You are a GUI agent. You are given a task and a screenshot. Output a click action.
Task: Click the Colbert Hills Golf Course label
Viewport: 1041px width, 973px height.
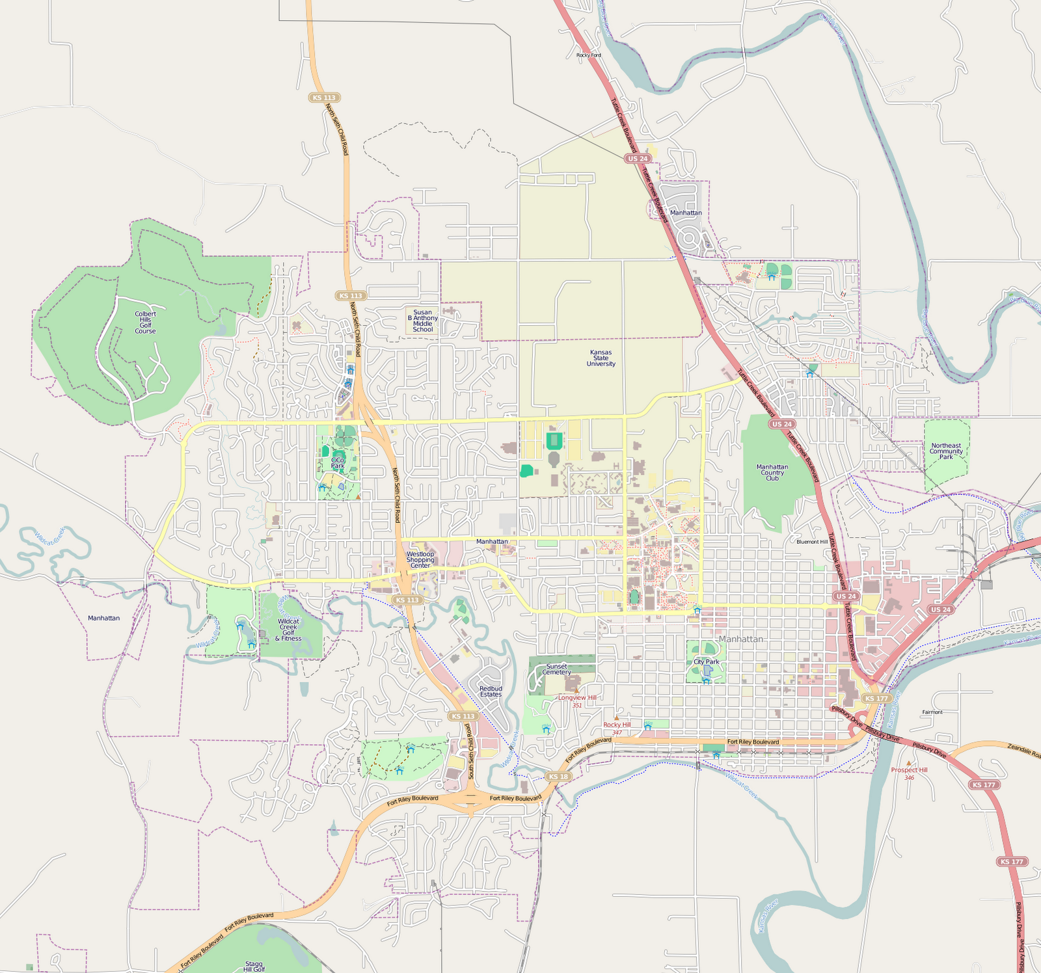coord(145,323)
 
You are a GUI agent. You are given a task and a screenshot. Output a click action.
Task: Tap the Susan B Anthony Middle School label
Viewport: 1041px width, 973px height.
coord(422,321)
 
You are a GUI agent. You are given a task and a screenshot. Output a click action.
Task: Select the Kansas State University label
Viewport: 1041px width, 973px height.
coord(601,358)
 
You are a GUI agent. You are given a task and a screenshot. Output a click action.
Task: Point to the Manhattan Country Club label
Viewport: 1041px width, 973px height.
coord(772,473)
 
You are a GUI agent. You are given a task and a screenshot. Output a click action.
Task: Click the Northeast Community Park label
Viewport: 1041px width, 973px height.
coord(946,451)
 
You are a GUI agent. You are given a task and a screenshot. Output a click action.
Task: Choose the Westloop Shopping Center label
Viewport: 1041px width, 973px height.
coord(420,560)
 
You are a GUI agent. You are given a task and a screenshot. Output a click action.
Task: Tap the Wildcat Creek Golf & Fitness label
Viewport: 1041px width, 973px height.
coord(288,630)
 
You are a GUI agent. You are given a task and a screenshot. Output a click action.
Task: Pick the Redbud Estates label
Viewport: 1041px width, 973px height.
coord(491,691)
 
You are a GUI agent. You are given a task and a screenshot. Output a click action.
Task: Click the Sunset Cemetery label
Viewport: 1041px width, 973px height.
coord(557,669)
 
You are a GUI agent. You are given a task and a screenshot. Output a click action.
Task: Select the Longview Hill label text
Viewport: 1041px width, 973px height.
coord(577,697)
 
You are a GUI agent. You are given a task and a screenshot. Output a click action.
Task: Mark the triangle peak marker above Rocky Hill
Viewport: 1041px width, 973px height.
coord(617,718)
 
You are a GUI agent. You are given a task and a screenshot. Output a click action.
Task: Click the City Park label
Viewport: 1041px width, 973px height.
coord(706,661)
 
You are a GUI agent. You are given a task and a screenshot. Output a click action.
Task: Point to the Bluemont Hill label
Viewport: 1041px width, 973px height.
coord(812,542)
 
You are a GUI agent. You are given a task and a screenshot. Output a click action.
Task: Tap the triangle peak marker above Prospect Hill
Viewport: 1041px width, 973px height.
coord(909,763)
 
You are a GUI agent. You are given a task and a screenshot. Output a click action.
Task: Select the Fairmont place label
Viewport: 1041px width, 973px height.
coord(932,712)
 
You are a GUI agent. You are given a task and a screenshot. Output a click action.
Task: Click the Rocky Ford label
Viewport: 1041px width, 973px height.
coord(589,55)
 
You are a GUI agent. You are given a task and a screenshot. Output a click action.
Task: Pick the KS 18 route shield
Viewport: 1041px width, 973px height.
coord(558,777)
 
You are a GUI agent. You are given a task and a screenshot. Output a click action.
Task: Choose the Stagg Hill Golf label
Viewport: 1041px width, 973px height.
coord(254,966)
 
